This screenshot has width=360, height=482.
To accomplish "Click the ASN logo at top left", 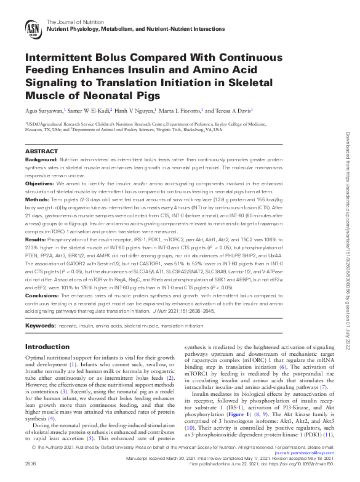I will point(34,28).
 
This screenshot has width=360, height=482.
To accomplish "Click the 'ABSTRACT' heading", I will point(41,151).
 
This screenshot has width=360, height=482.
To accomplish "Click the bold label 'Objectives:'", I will point(39,183).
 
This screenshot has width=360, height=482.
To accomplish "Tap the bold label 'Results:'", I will point(36,238).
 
